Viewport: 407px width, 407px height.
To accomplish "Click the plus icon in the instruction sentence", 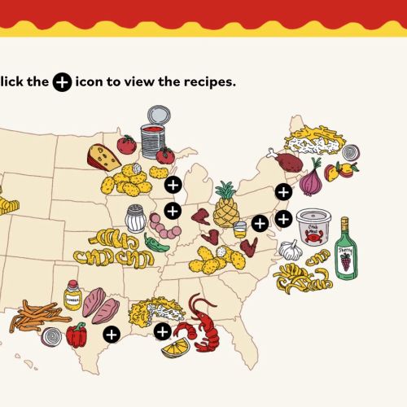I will pos(62,83).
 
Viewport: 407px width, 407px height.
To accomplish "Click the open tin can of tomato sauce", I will pos(152,135).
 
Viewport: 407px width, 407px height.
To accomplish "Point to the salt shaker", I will pos(135,218).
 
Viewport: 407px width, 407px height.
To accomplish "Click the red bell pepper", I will pos(76,335).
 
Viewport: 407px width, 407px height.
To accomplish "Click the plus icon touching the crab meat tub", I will pos(282,219).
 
